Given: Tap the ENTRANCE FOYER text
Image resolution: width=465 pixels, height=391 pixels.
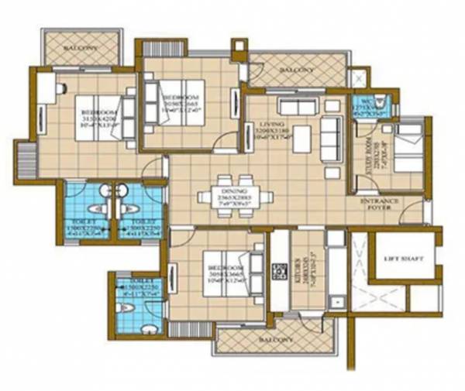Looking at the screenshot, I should pos(380,204).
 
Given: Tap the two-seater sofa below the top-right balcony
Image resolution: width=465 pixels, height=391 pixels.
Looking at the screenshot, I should pos(294,106).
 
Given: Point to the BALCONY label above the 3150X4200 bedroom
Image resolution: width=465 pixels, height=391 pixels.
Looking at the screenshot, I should pos(80,46).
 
